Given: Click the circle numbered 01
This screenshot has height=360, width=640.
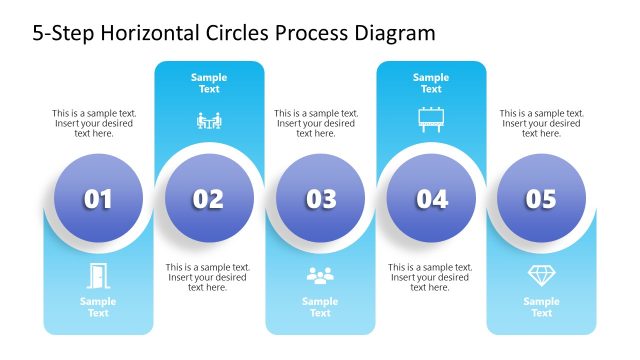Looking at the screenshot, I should click(98, 199).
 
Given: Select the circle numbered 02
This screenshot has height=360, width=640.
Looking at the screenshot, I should click(209, 199).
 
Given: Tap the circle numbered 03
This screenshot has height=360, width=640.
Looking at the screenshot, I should click(320, 199).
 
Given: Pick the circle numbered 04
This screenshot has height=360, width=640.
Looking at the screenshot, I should click(431, 199).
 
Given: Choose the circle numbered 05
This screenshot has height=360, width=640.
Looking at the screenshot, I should click(541, 199).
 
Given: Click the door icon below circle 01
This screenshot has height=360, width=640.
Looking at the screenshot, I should click(98, 275).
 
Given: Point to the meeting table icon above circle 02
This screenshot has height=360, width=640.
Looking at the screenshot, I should click(209, 122).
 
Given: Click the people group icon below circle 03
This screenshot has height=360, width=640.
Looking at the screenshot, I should click(320, 275).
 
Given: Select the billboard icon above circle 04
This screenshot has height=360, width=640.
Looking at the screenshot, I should click(431, 120).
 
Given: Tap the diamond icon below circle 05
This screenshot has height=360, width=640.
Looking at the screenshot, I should click(541, 275).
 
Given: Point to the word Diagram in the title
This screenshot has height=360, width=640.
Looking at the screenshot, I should click(396, 32).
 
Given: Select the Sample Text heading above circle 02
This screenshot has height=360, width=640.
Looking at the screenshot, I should click(209, 83).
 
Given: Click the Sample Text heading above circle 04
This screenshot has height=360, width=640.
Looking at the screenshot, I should click(431, 83).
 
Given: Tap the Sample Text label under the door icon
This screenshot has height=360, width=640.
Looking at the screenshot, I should click(98, 307).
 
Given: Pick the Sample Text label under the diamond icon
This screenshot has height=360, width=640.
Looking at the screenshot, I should click(541, 307).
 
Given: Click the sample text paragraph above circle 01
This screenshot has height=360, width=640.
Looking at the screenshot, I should click(95, 123).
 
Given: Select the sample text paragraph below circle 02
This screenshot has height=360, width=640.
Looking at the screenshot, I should click(208, 277).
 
